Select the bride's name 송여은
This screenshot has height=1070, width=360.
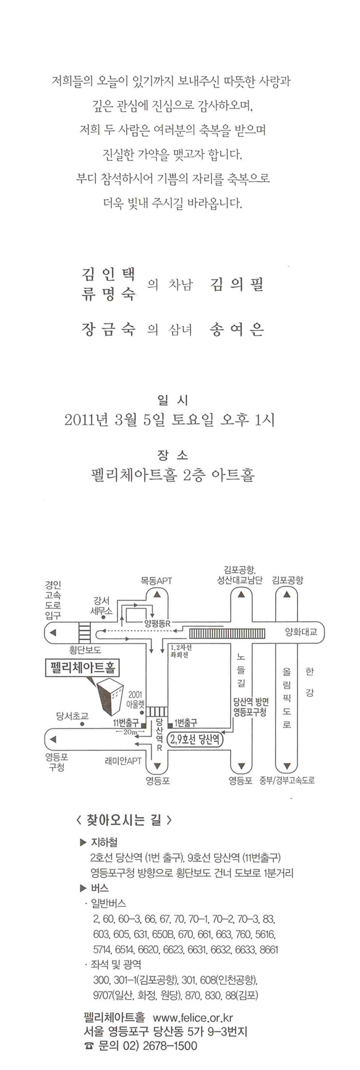(238, 329)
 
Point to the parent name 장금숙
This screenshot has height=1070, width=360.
(108, 329)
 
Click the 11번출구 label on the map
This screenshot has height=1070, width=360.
(126, 722)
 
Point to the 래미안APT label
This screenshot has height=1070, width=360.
(123, 760)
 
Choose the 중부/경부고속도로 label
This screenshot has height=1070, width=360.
(287, 780)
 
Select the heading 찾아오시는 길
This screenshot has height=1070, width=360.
(123, 821)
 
